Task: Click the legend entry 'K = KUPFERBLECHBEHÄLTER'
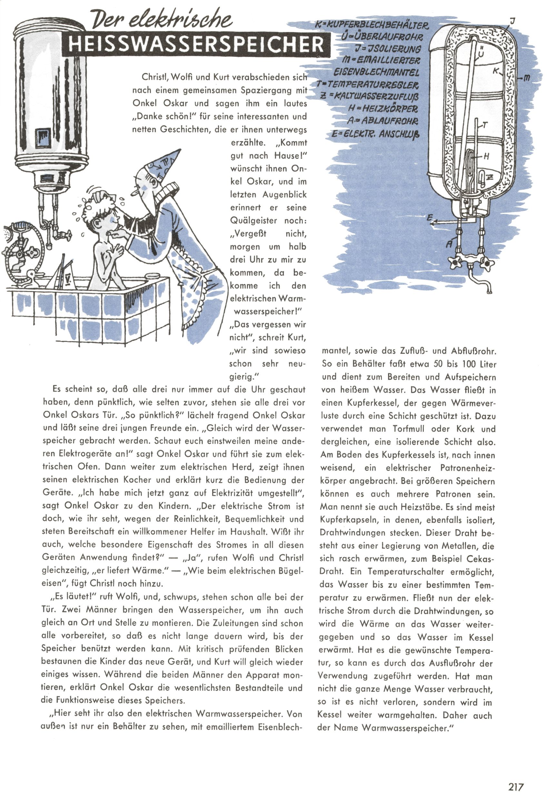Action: (372, 25)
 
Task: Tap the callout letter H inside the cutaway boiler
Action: (486, 156)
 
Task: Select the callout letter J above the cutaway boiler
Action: (512, 21)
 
